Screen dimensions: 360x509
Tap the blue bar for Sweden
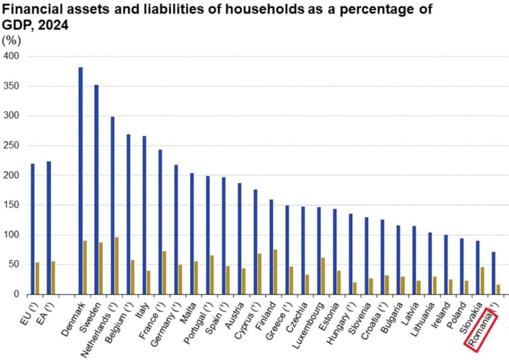(x=96, y=189)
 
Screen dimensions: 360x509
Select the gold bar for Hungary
(x=355, y=288)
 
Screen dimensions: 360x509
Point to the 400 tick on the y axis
(x=11, y=56)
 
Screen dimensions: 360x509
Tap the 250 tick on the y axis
(x=11, y=146)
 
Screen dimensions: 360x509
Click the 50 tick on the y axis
(x=14, y=265)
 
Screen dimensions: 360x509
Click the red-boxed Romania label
(x=481, y=330)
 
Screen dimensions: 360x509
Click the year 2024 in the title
(x=52, y=26)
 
